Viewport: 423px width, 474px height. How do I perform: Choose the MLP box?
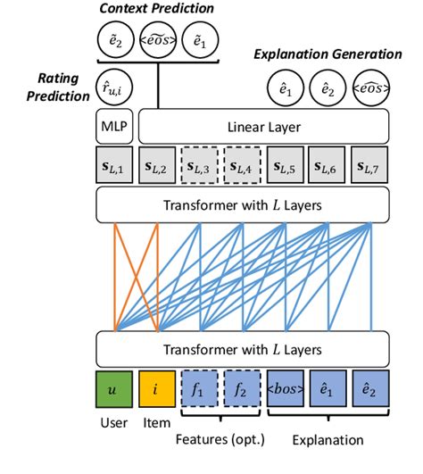click(113, 127)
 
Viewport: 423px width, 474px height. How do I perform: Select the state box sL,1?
click(113, 166)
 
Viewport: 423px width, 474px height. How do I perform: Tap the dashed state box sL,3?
click(202, 166)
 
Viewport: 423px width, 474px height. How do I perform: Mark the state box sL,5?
click(286, 166)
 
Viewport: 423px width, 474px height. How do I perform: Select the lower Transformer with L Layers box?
click(242, 347)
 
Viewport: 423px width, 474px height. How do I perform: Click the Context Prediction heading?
click(158, 8)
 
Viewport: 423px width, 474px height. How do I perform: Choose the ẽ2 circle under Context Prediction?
click(116, 42)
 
